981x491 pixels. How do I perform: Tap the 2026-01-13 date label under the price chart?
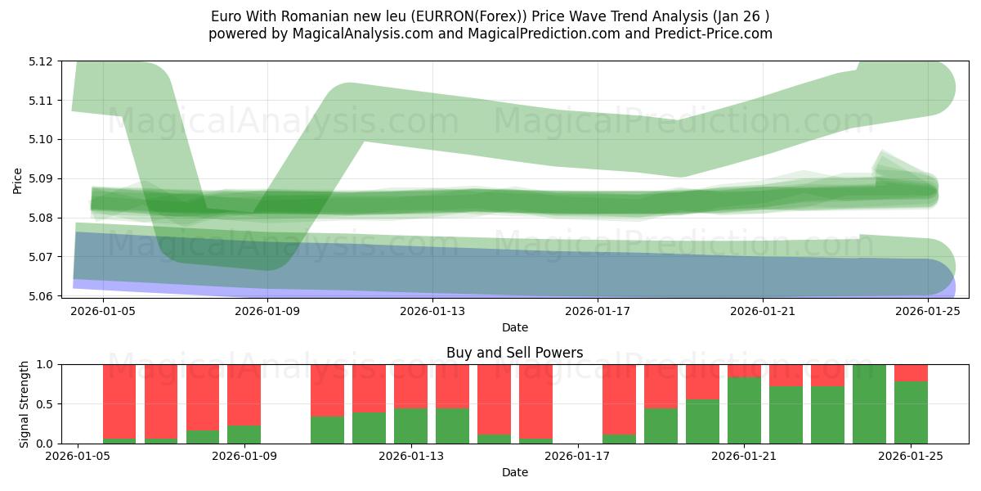click(x=432, y=311)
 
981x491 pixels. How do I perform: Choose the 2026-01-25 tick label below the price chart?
click(x=928, y=311)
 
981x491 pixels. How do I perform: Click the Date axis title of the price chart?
click(x=515, y=327)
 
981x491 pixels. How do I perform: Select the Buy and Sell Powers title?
click(x=515, y=354)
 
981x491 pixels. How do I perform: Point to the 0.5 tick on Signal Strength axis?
click(x=46, y=404)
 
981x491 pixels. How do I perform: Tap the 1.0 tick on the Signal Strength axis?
click(x=46, y=365)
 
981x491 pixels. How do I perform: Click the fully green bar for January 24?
click(x=869, y=403)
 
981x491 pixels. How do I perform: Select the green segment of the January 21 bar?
click(x=744, y=411)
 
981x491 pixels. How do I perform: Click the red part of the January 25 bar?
click(x=911, y=373)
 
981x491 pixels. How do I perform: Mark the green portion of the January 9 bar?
click(x=244, y=435)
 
